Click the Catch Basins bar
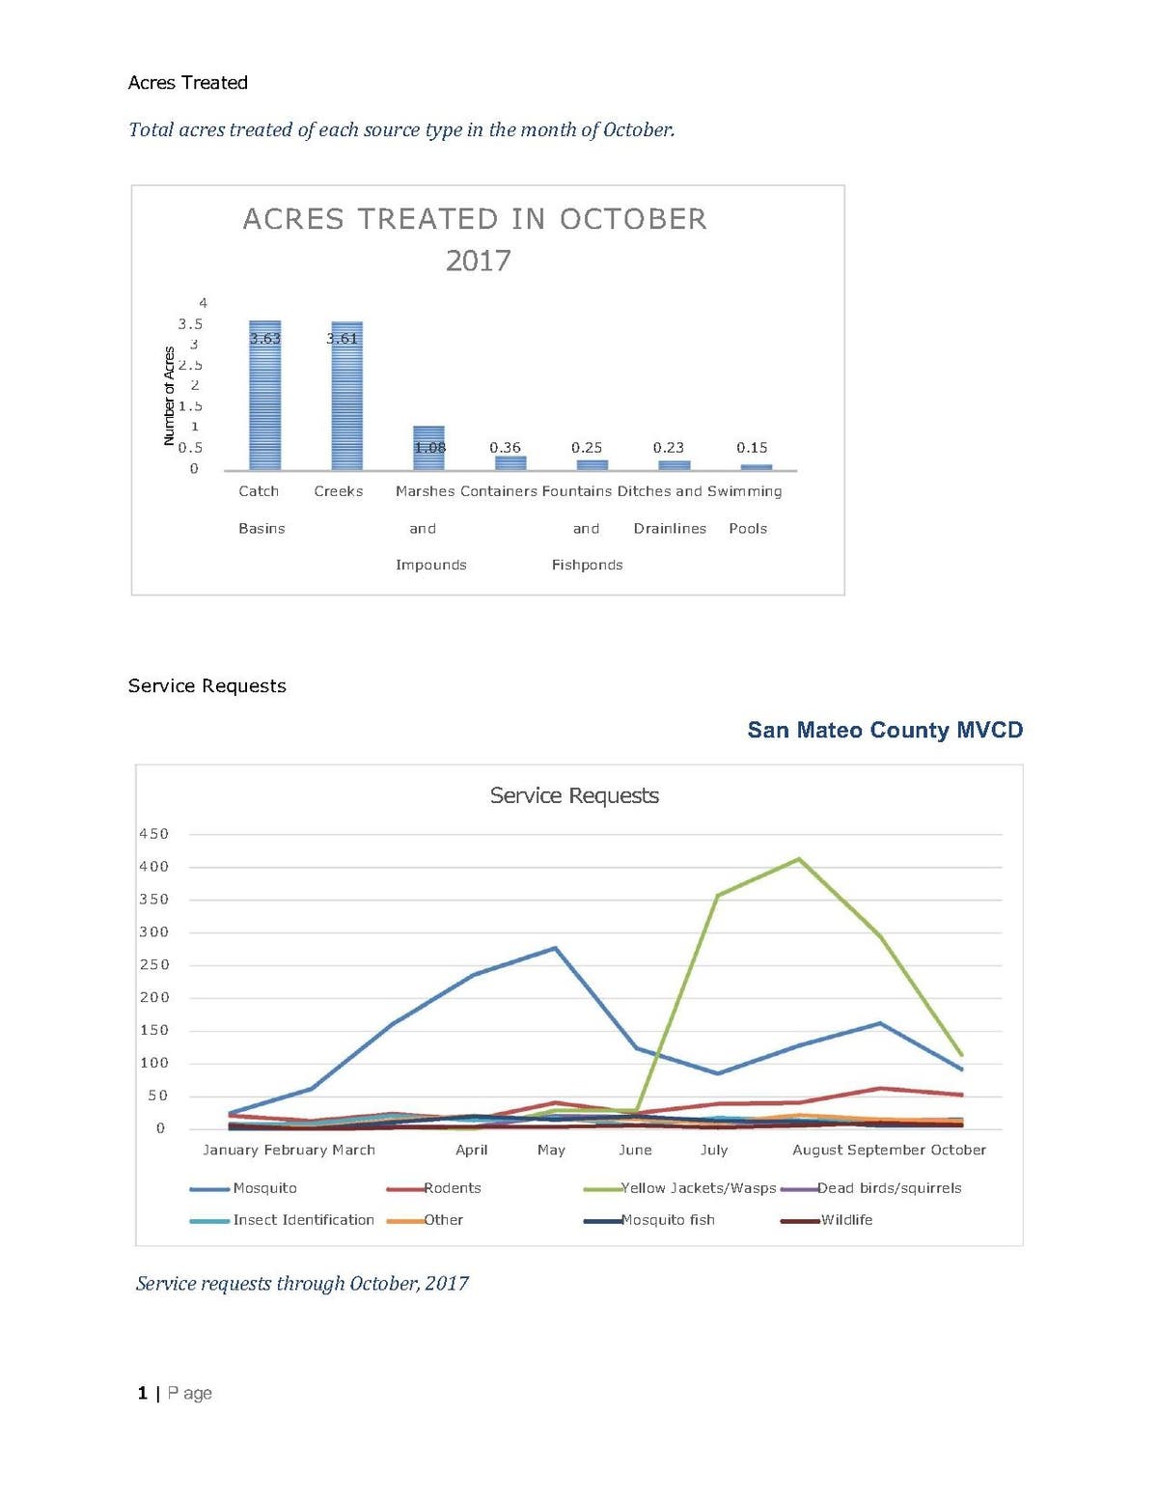pos(264,396)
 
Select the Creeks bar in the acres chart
pos(346,396)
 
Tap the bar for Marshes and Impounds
pos(428,448)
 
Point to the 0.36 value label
pos(505,448)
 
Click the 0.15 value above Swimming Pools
pos(752,448)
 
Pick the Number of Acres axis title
pos(169,396)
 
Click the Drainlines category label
pos(670,529)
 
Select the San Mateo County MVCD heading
pos(885,730)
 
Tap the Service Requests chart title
pos(574,795)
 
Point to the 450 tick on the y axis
pos(154,834)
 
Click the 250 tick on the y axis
pos(154,965)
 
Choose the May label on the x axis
pos(551,1151)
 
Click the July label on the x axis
pos(714,1151)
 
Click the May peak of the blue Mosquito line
pos(555,948)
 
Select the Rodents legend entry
pos(452,1188)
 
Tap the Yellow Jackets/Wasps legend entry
pos(698,1188)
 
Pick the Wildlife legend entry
pos(846,1220)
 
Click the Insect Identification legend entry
pos(303,1220)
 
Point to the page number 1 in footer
pos(143,1393)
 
